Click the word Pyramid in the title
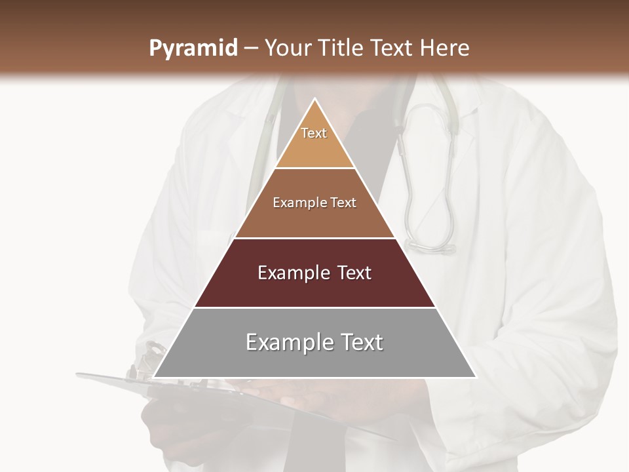click(193, 49)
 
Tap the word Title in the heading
click(339, 49)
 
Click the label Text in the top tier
click(314, 133)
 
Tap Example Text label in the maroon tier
click(314, 273)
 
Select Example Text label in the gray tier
click(314, 342)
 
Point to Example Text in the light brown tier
click(314, 203)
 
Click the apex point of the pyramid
click(315, 99)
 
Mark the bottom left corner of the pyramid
click(154, 377)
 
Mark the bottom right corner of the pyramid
click(476, 377)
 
